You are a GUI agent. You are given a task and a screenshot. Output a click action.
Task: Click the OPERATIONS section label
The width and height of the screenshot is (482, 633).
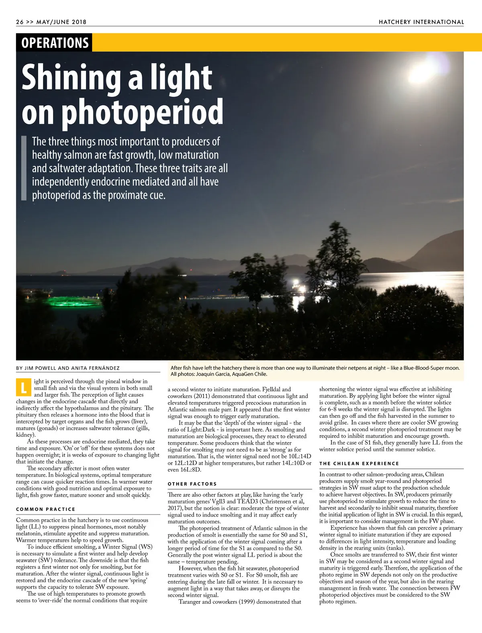click(x=55, y=43)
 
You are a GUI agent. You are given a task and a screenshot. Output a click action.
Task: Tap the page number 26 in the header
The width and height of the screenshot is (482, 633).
click(x=20, y=22)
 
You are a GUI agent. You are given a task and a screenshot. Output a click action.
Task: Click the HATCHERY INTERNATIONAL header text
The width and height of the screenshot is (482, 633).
click(x=421, y=22)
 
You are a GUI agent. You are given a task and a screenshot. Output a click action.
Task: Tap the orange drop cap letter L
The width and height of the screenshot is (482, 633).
click(x=23, y=388)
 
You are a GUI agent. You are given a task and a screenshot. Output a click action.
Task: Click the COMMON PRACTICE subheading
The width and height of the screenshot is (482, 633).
click(x=46, y=509)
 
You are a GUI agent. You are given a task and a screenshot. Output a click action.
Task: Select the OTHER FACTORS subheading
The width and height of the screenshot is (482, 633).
click(x=192, y=484)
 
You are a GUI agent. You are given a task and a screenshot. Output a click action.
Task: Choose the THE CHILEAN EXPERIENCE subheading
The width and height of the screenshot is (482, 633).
click(x=359, y=463)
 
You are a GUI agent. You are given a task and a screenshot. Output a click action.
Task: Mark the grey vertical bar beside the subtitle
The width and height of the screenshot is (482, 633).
click(x=23, y=168)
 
